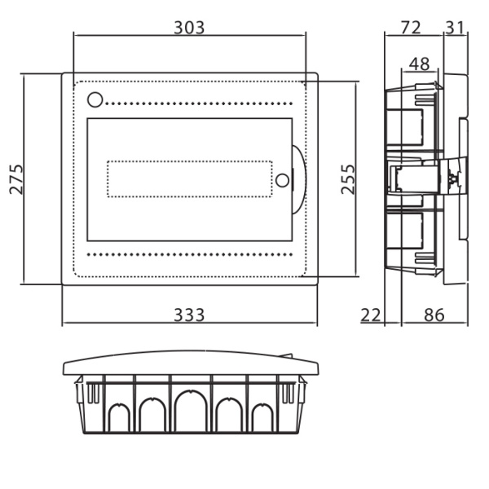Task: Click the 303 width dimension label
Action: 189,28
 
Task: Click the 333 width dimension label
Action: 189,315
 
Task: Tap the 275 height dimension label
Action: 16,179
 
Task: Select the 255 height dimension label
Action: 348,179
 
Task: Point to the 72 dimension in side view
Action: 411,28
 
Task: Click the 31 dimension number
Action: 455,28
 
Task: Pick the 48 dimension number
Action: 420,64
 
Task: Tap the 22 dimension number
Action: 371,315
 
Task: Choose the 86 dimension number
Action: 434,315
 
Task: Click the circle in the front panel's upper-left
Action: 95,99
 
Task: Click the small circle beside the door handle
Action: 283,180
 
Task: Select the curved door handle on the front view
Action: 299,180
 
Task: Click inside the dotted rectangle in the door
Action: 190,179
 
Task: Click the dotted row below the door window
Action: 190,254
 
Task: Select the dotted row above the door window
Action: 199,104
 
